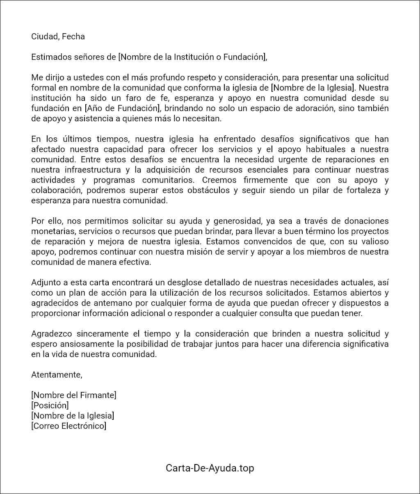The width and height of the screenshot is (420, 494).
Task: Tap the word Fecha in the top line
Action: coord(73,36)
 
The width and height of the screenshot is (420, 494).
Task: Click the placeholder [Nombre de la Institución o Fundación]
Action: coord(192,57)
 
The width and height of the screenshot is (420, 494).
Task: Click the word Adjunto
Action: coord(46,282)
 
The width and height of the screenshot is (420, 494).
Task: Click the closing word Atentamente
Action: coord(57,375)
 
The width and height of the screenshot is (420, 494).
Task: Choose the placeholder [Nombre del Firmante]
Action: coord(74,395)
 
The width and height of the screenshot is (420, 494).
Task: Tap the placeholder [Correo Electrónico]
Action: coord(69,426)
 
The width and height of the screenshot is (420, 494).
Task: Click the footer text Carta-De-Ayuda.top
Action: coord(210,468)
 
